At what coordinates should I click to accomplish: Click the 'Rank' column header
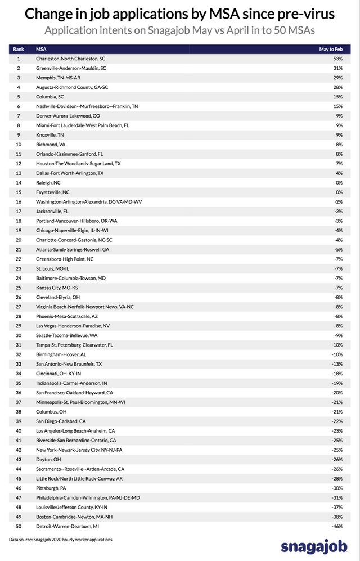tap(18, 49)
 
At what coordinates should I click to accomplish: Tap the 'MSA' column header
tap(41, 49)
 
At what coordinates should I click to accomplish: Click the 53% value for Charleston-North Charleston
tap(337, 59)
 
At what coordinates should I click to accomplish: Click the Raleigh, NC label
tap(49, 182)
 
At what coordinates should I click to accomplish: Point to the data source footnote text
tap(60, 540)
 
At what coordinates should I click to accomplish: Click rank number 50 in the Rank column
tap(18, 526)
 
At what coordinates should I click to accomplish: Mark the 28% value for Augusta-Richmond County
tap(337, 87)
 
